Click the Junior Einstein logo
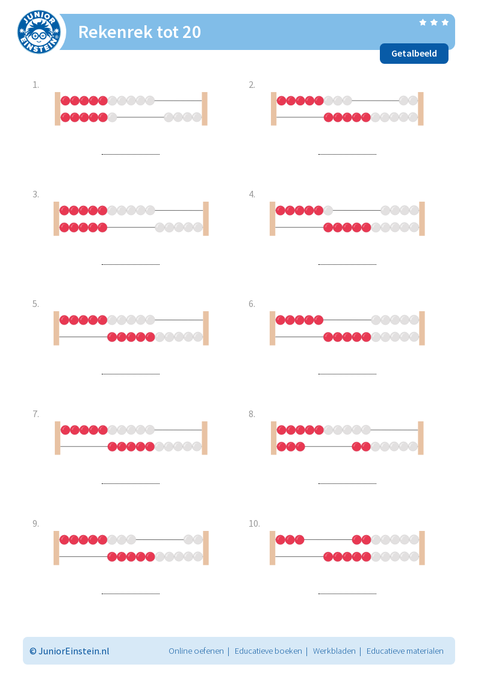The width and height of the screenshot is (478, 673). pyautogui.click(x=39, y=32)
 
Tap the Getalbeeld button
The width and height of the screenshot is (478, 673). pyautogui.click(x=414, y=54)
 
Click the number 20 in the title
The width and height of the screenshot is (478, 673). pyautogui.click(x=192, y=32)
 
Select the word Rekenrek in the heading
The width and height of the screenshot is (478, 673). pyautogui.click(x=116, y=32)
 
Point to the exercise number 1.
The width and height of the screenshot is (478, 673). pyautogui.click(x=36, y=85)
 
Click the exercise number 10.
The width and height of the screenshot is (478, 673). pyautogui.click(x=255, y=524)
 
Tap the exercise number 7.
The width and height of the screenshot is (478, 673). pyautogui.click(x=36, y=414)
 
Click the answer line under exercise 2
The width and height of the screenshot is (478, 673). pyautogui.click(x=347, y=154)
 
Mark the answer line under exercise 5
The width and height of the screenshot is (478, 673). pyautogui.click(x=131, y=374)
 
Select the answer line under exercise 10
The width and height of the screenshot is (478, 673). pyautogui.click(x=347, y=594)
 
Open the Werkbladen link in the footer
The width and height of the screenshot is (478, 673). pyautogui.click(x=334, y=651)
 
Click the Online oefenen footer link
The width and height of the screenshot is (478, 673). pyautogui.click(x=196, y=651)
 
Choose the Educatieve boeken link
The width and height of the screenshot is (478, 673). pyautogui.click(x=268, y=651)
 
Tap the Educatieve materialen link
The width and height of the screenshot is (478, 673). pyautogui.click(x=405, y=651)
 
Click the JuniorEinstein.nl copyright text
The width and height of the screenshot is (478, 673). pyautogui.click(x=69, y=651)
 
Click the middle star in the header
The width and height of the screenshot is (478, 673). pyautogui.click(x=434, y=22)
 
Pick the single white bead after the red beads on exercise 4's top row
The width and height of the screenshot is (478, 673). pyautogui.click(x=328, y=211)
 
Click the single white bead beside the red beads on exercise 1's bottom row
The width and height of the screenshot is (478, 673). pyautogui.click(x=113, y=117)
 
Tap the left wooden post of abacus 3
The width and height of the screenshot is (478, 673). pyautogui.click(x=56, y=219)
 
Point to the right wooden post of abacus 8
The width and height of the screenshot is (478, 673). pyautogui.click(x=420, y=438)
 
